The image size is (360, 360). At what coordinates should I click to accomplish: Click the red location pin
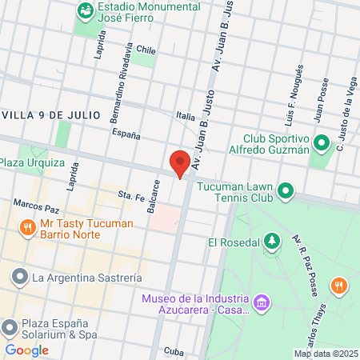[180, 163]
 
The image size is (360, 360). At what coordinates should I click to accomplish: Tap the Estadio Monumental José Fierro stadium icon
[84, 11]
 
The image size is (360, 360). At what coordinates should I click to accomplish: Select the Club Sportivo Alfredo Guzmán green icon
[322, 144]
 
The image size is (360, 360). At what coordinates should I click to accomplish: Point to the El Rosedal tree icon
[273, 241]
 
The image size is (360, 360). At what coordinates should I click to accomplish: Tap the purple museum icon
[261, 303]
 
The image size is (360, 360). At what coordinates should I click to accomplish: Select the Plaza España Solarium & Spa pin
[10, 327]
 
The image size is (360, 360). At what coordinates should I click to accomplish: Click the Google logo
[26, 350]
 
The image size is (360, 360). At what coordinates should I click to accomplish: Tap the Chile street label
[145, 49]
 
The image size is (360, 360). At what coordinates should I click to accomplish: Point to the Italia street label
[186, 116]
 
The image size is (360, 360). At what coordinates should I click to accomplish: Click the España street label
[126, 134]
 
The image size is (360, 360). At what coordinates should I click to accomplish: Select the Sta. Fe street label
[129, 194]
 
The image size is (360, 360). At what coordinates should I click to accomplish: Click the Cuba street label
[173, 350]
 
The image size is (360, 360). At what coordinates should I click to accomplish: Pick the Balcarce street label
[154, 195]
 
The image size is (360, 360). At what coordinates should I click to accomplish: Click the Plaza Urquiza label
[32, 162]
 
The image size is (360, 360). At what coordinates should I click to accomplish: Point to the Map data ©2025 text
[326, 354]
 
